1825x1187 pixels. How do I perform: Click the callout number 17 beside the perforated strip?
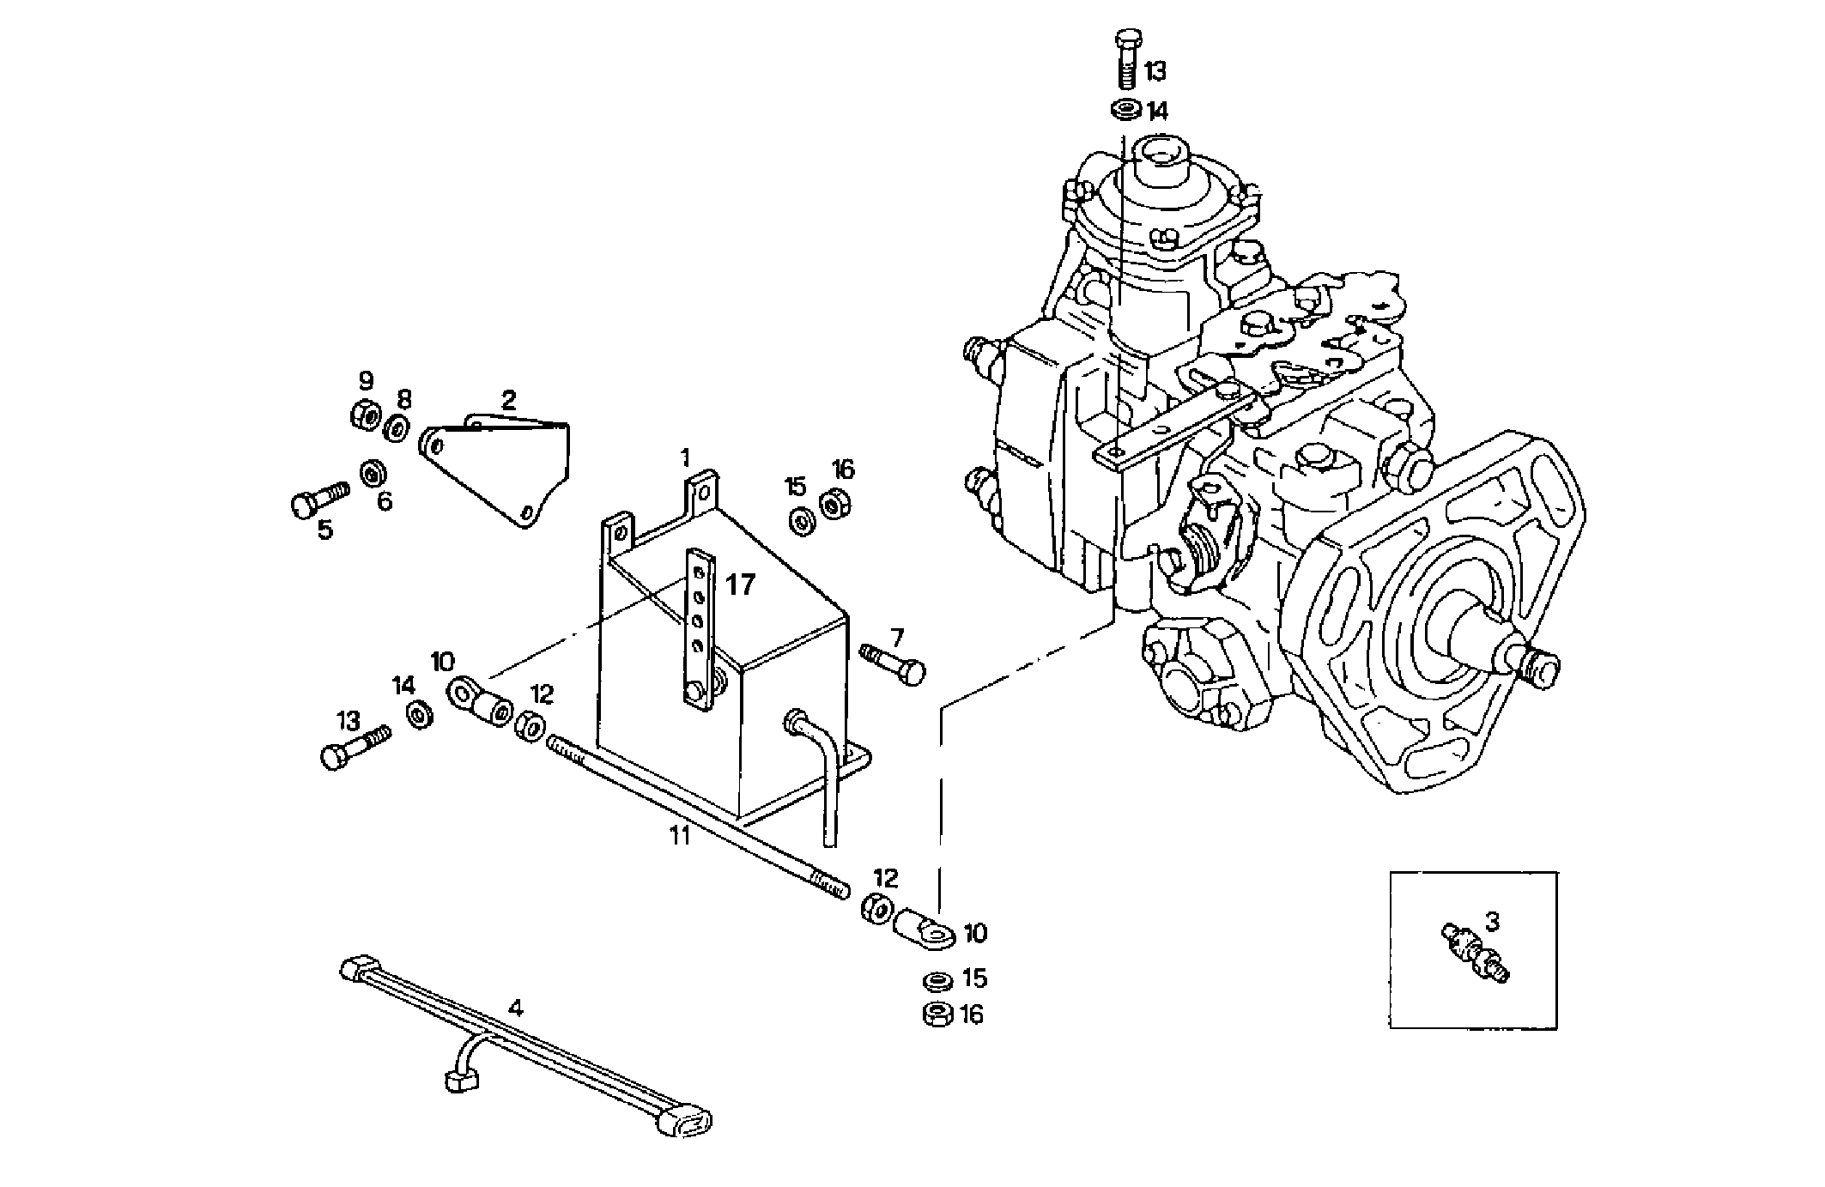coord(739,585)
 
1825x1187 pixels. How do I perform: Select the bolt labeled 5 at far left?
coord(319,499)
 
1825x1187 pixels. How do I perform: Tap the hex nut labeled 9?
coord(364,415)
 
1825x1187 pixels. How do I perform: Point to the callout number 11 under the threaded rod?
coord(680,835)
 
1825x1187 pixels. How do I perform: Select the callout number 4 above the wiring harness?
coord(515,1007)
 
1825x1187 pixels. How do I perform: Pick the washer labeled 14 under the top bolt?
coord(1126,111)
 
